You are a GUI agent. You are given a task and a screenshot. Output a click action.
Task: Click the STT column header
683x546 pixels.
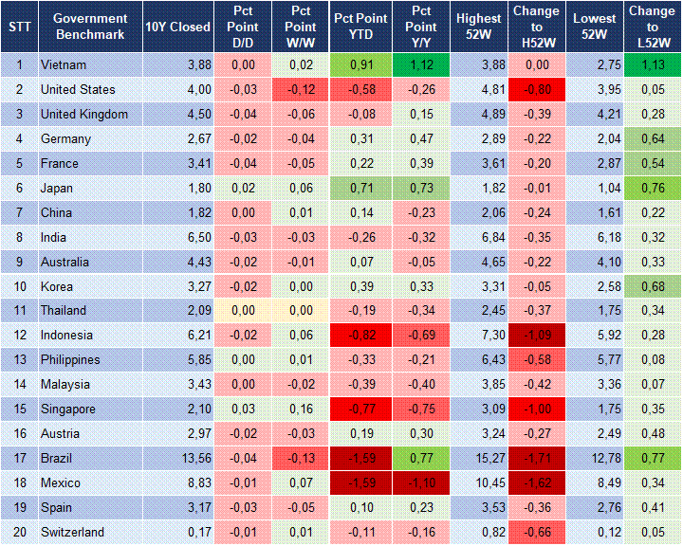click(x=18, y=27)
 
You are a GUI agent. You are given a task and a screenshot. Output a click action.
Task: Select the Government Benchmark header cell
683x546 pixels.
click(x=90, y=27)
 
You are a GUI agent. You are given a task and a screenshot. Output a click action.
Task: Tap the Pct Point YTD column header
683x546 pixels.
click(x=360, y=27)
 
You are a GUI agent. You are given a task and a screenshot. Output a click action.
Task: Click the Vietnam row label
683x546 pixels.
click(x=63, y=64)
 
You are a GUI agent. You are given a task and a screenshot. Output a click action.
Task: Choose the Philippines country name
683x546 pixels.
click(x=71, y=360)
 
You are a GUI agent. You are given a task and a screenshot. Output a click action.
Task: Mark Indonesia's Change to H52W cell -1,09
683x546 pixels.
click(x=536, y=336)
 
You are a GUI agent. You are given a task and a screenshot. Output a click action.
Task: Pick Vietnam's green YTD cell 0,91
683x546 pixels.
click(x=360, y=64)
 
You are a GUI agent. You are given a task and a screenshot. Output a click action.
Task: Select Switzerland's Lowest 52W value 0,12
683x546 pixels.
click(x=596, y=533)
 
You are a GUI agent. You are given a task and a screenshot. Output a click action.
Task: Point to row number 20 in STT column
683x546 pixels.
click(x=18, y=533)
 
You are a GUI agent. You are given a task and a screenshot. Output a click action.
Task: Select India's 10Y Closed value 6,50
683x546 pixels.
click(x=177, y=237)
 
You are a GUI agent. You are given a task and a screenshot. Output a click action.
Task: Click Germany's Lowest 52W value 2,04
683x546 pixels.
click(x=596, y=138)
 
